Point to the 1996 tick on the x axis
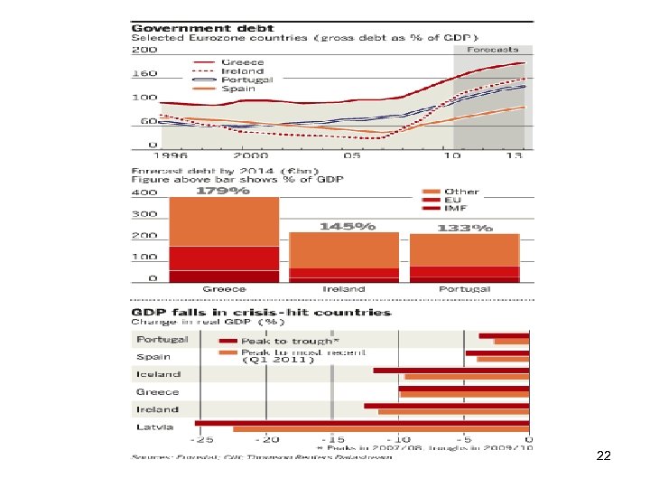(x=155, y=155)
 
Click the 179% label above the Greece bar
(x=224, y=191)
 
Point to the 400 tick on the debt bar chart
(x=144, y=192)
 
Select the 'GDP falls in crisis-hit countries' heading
(x=262, y=312)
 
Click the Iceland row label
(x=158, y=373)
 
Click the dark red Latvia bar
(x=361, y=422)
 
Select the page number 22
(x=604, y=456)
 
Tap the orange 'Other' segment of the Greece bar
(x=224, y=221)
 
